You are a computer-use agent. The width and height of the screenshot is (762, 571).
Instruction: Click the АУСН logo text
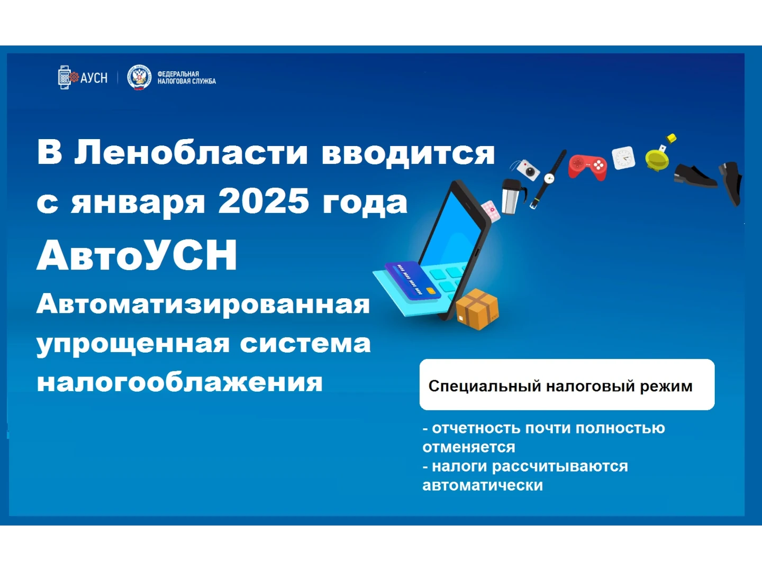point(94,78)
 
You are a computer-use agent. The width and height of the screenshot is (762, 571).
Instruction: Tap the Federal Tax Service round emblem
point(139,77)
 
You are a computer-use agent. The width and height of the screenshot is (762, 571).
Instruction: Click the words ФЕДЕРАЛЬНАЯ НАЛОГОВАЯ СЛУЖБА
point(187,78)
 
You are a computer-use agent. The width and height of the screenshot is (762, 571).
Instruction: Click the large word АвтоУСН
point(137,255)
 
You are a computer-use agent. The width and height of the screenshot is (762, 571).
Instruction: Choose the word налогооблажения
point(180,382)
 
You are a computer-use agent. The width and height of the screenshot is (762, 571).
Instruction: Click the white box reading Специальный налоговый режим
point(567,384)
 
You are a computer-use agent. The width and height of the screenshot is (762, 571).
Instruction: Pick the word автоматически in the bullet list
point(483,485)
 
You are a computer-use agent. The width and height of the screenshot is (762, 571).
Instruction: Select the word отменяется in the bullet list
point(469,447)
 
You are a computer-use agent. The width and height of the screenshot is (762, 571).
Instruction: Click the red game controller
point(587,167)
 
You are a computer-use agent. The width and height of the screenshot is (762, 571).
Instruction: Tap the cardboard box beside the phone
point(477,309)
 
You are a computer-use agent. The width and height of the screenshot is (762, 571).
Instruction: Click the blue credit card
point(413,280)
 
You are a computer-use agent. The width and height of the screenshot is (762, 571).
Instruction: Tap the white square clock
point(623,158)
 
